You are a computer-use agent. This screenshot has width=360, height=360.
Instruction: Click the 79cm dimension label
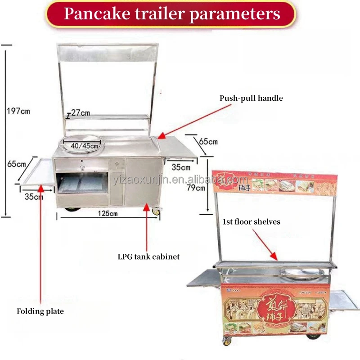(195, 188)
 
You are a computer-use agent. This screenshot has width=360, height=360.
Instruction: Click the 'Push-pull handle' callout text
(251, 98)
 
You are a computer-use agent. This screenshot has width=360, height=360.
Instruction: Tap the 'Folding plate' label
(40, 311)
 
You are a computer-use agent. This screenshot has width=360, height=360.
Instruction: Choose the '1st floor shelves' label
(252, 221)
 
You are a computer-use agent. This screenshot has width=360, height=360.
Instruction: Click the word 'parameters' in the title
(234, 13)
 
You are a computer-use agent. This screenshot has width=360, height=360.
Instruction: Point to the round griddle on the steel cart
(83, 143)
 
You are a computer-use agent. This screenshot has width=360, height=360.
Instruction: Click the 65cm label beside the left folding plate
(17, 164)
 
